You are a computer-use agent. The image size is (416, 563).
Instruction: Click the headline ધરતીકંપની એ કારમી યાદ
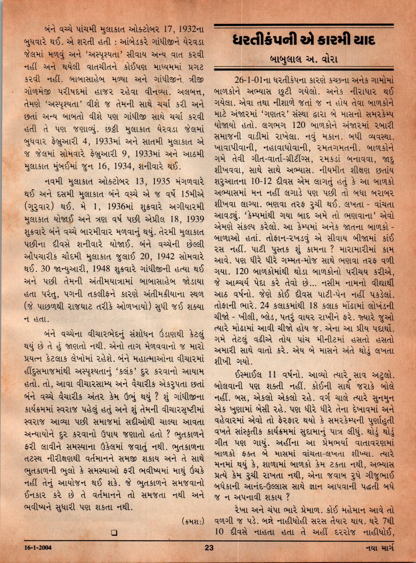pos(304,41)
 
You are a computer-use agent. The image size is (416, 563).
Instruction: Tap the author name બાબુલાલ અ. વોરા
pos(304,60)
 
